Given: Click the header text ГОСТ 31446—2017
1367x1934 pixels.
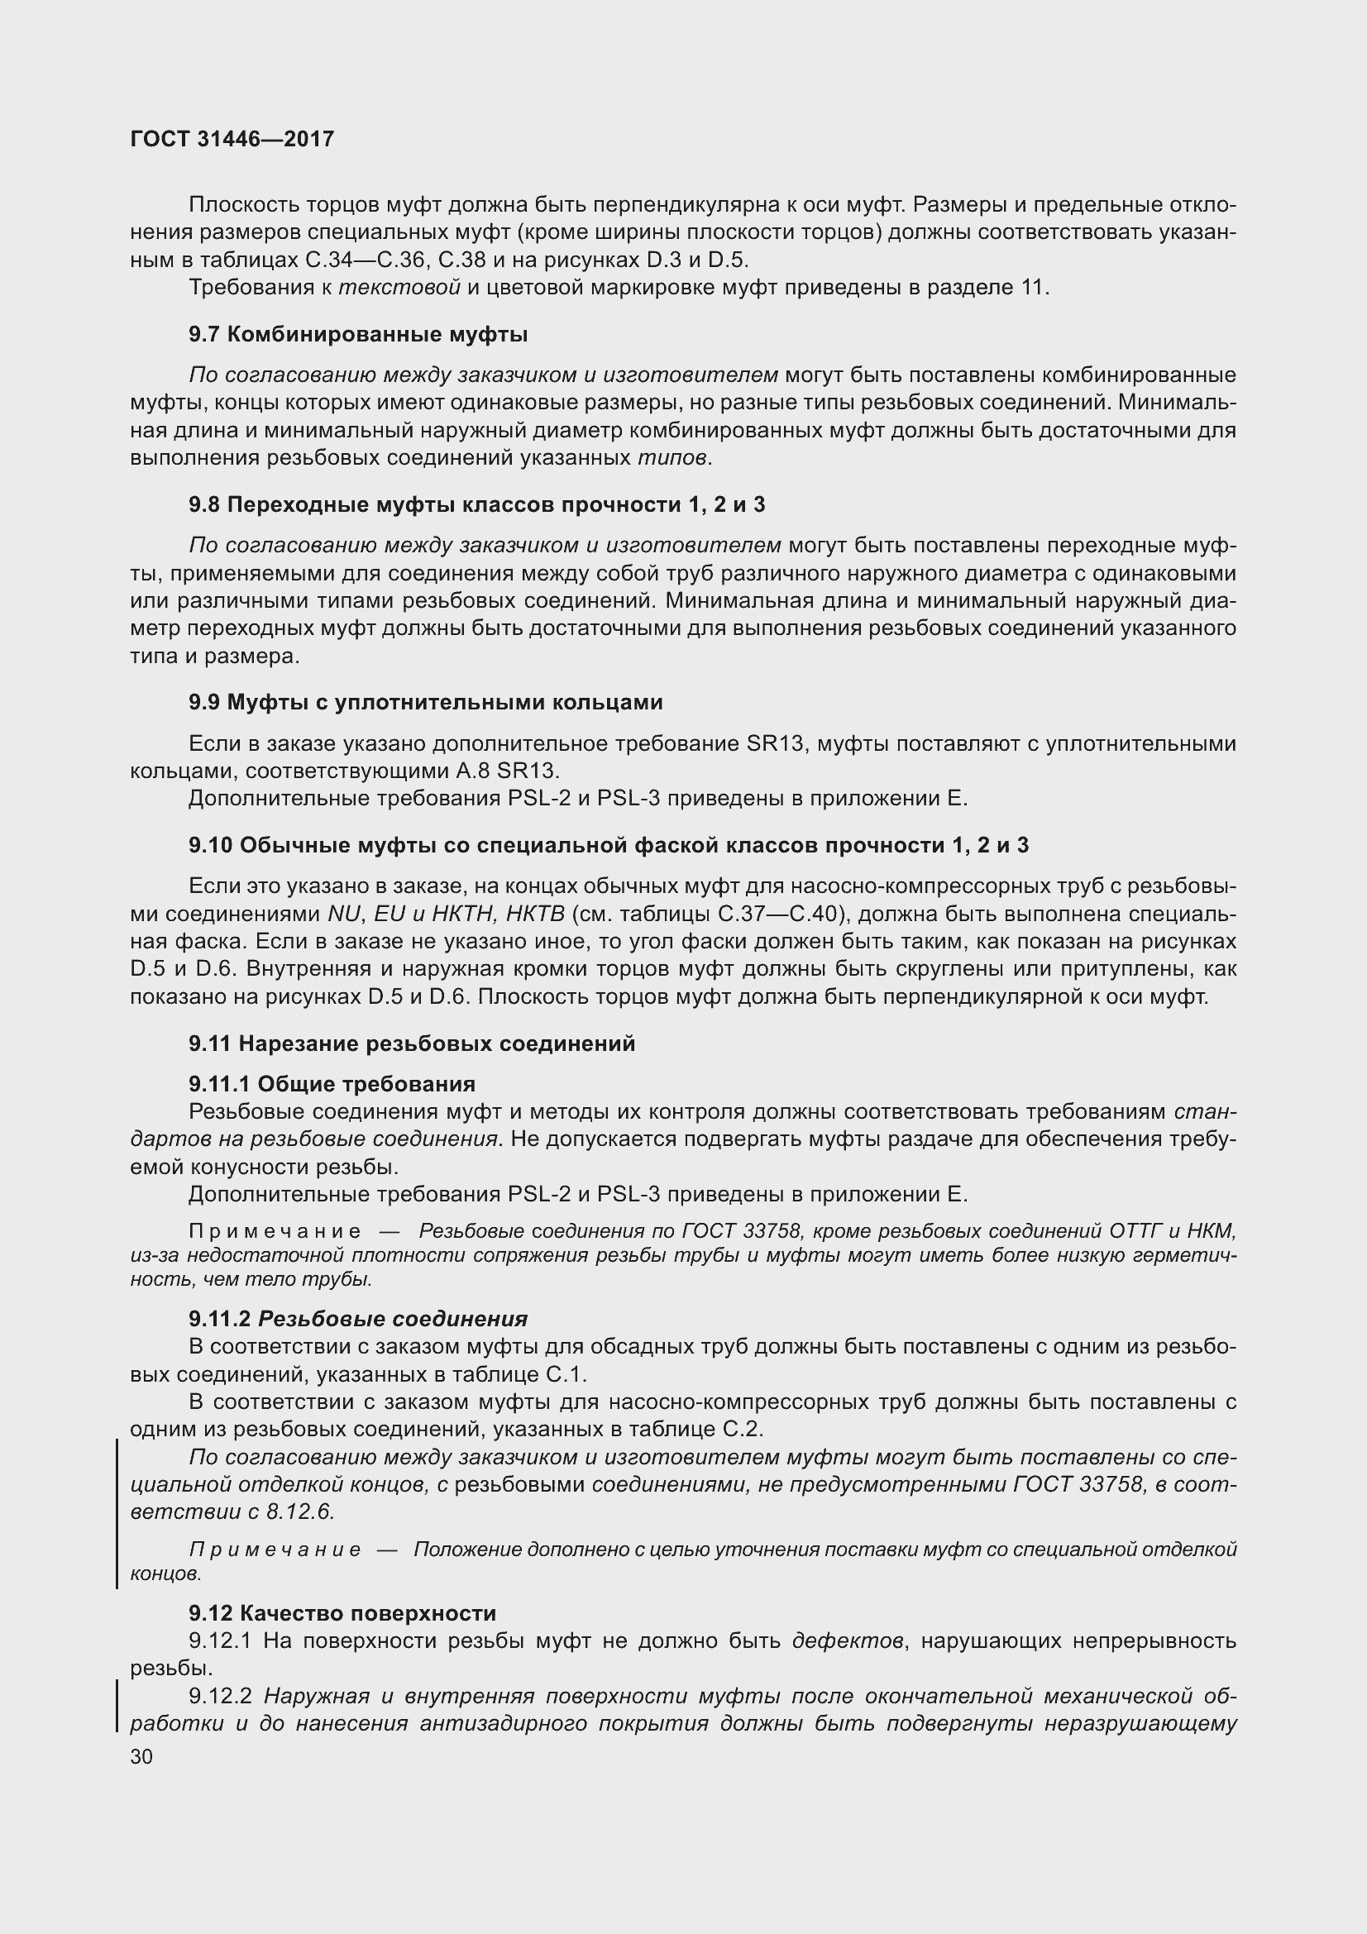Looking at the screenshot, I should pyautogui.click(x=232, y=139).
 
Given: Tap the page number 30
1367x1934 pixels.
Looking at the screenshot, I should pyautogui.click(x=141, y=1756).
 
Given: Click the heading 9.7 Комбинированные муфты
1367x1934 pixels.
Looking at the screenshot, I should pyautogui.click(x=358, y=334).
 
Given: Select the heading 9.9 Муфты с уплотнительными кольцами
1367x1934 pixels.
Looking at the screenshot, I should pyautogui.click(x=425, y=702).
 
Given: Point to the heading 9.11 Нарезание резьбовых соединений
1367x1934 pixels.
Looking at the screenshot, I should pyautogui.click(x=412, y=1043).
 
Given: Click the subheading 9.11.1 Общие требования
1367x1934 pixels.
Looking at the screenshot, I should pyautogui.click(x=332, y=1084).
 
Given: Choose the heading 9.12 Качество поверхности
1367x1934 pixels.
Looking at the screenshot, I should pyautogui.click(x=342, y=1613).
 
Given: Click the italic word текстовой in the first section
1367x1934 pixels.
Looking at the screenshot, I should pyautogui.click(x=399, y=287).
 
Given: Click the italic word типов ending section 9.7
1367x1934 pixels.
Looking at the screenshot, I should pyautogui.click(x=672, y=458).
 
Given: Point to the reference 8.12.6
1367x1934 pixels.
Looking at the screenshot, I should pyautogui.click(x=300, y=1512).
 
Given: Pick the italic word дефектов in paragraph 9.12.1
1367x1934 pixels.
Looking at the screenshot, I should pyautogui.click(x=848, y=1640).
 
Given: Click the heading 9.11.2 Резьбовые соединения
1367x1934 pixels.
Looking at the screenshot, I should pyautogui.click(x=358, y=1319).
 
